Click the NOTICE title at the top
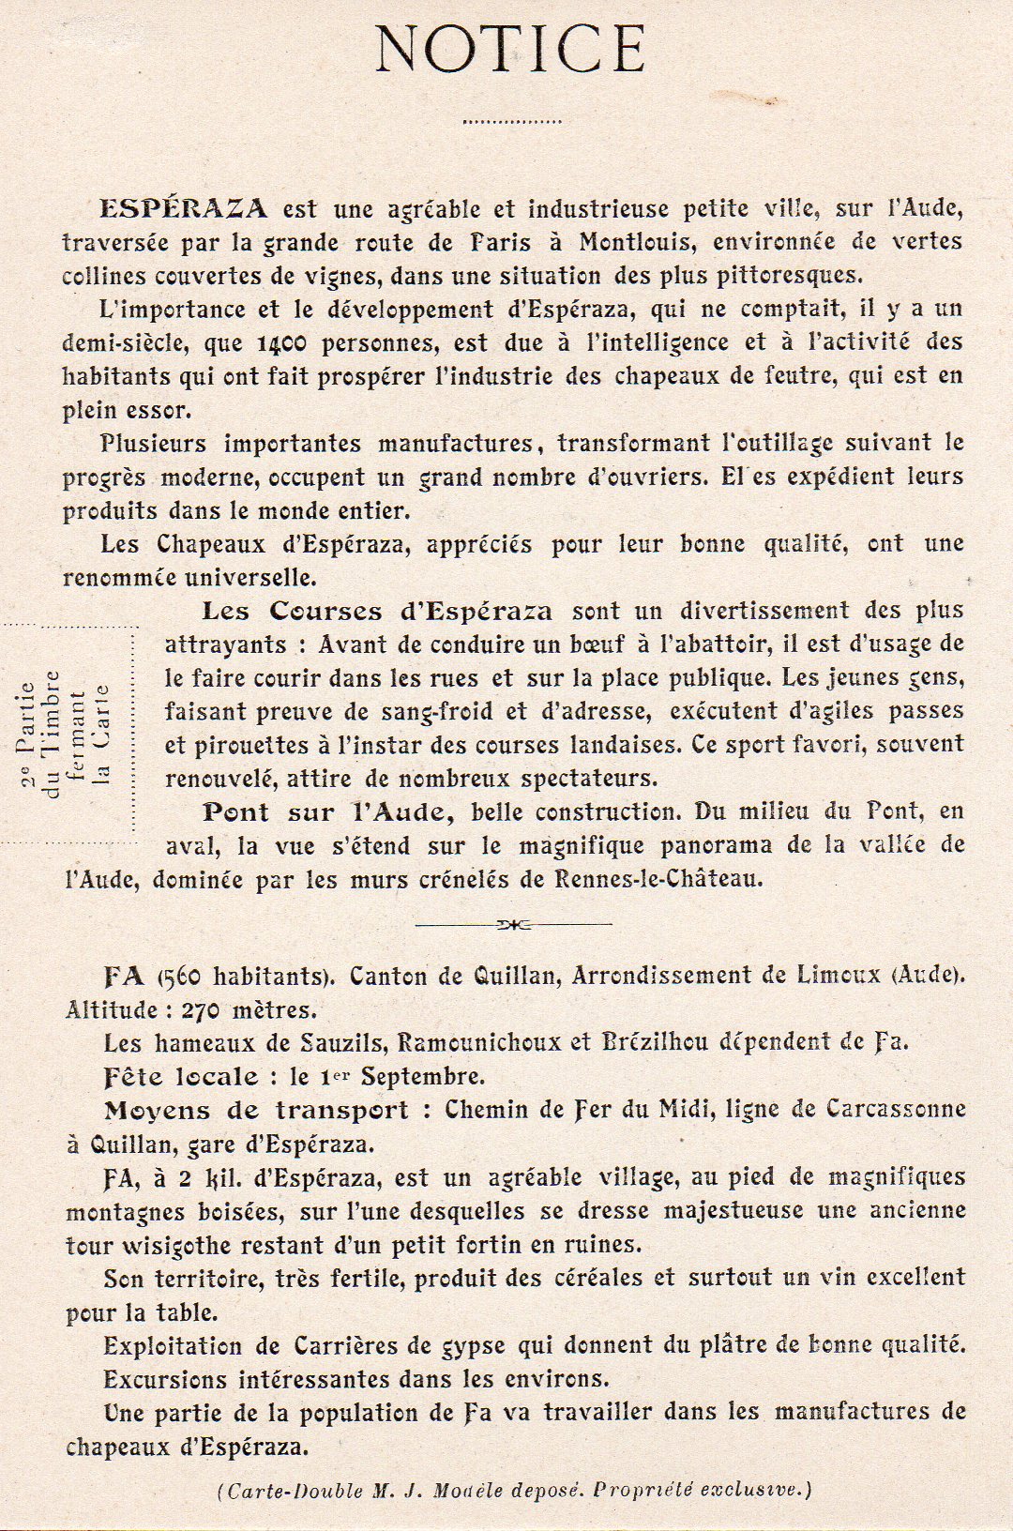point(511,50)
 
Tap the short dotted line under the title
point(511,121)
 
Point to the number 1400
point(281,343)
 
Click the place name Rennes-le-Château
point(658,880)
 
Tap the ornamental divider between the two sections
point(513,924)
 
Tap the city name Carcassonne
point(896,1110)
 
